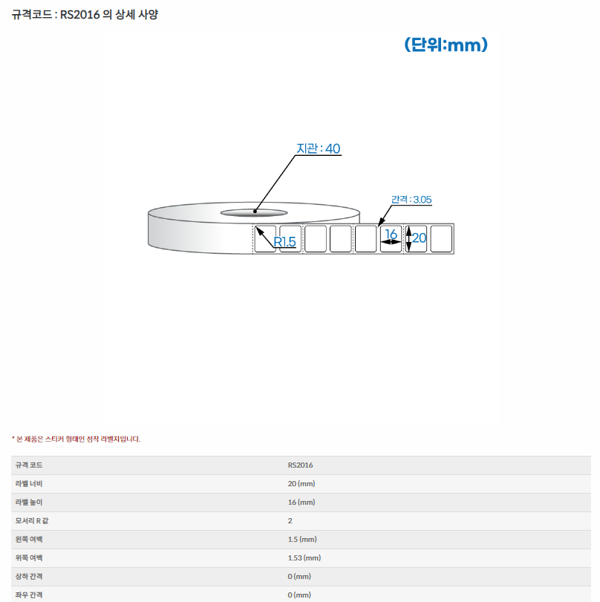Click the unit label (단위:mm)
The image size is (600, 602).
coord(446,45)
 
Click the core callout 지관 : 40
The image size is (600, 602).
coord(319,148)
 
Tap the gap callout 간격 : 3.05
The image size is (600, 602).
coord(411,200)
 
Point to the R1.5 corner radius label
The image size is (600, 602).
coord(284,242)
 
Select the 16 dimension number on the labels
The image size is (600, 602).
coord(391,233)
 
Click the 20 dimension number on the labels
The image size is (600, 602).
coord(419,238)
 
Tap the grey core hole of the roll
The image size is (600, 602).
coord(254,213)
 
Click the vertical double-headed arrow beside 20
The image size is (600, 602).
coord(408,239)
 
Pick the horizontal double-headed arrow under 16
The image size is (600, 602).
coord(391,242)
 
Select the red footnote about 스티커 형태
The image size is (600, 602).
coord(76,439)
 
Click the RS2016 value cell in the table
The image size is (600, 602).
coord(301,465)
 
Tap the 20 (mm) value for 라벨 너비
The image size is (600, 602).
coord(301,483)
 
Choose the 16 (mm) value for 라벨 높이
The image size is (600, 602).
coord(301,503)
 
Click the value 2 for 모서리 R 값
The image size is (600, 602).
coord(290,520)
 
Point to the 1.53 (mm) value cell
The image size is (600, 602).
coord(304,558)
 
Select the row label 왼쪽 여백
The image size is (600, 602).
coord(29,539)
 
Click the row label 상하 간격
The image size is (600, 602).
coord(29,576)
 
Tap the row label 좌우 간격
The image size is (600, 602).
coord(29,595)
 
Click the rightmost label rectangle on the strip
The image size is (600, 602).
coord(441,239)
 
